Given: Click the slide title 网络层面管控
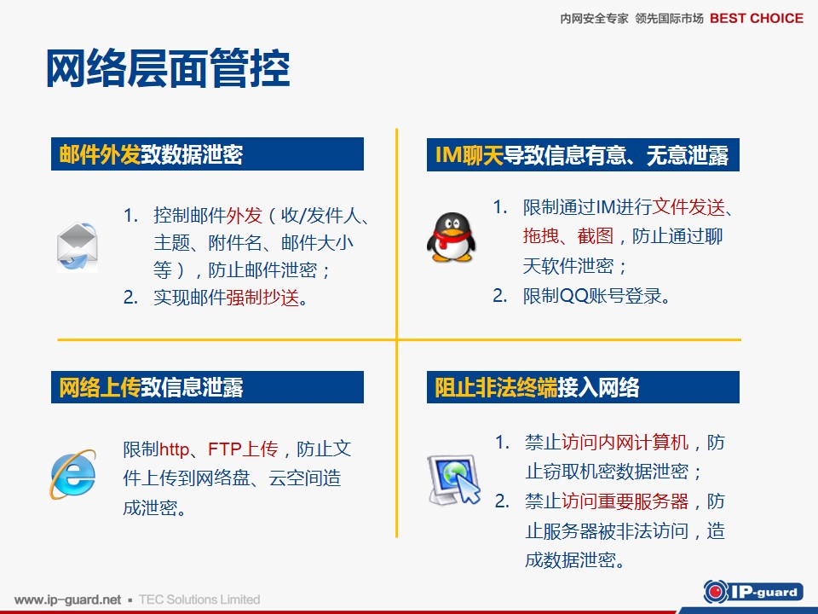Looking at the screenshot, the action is pos(168,68).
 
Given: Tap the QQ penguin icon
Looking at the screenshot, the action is pos(452,237).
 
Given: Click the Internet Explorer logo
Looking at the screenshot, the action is pos(73,474).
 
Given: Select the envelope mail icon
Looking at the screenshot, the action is pos(78,246).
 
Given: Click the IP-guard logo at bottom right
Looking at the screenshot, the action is pos(753,592).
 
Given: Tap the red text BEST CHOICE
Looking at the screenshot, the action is pos(757,18).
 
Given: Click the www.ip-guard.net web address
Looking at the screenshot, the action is pos(67,600).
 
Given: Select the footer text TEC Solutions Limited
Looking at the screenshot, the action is pos(199,600).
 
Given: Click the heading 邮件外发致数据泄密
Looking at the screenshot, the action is pos(151,154).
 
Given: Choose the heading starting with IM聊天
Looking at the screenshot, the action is pos(582,155).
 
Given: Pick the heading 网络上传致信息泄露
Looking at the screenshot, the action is pos(151,387).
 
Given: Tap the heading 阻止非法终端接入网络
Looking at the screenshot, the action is pos(537,387).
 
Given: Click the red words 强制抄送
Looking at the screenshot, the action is pos(262,298).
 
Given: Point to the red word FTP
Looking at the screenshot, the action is pos(224,449).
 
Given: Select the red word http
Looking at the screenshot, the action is pos(174,449).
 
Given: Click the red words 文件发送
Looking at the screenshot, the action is pos(688,206).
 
